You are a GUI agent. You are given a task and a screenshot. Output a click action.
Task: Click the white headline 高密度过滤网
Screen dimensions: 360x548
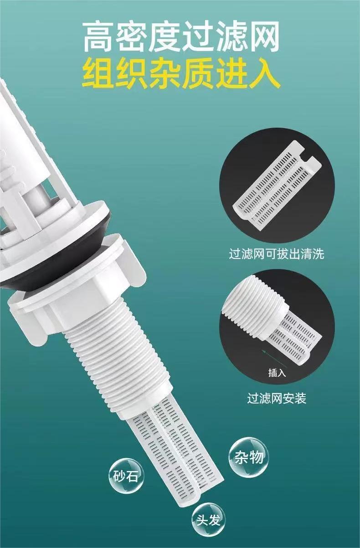tap(181, 36)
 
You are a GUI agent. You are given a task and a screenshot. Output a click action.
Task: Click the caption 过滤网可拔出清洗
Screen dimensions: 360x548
tap(276, 253)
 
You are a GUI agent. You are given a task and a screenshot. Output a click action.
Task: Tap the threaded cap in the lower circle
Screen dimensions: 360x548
tap(254, 308)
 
